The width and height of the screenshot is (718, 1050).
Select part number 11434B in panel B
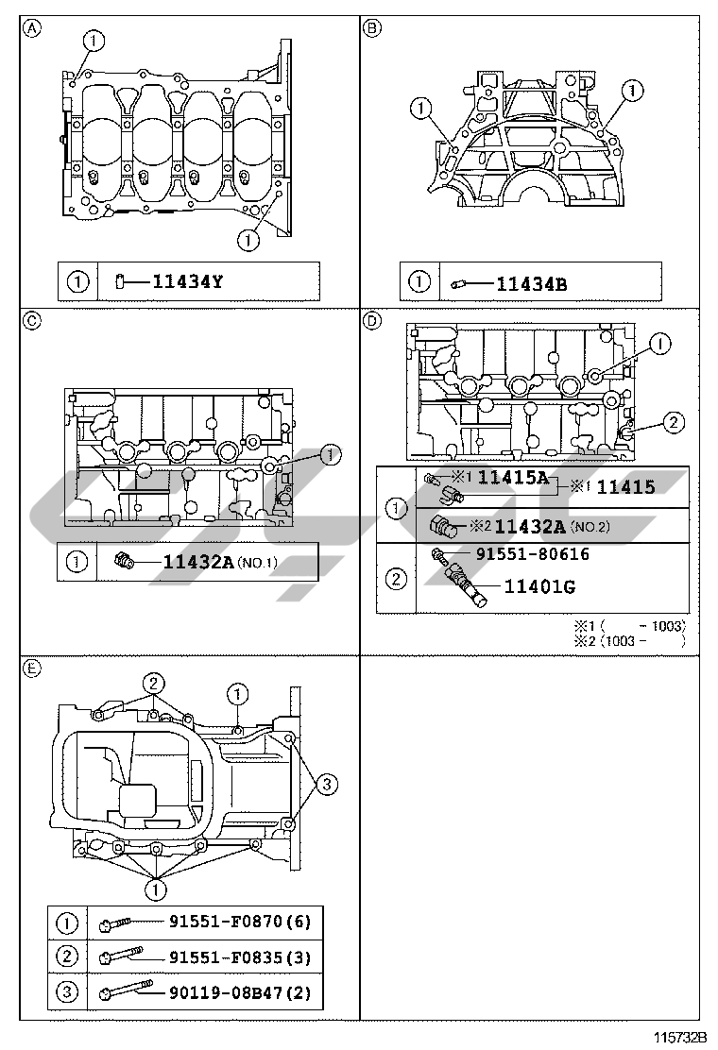[531, 281]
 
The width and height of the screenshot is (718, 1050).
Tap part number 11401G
[539, 586]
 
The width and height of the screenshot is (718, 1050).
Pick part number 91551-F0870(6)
[240, 922]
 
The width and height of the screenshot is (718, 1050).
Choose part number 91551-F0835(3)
[240, 957]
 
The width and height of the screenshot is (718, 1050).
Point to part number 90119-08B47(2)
[240, 992]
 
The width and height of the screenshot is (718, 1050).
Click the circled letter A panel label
[32, 27]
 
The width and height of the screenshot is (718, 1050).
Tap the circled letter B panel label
[372, 27]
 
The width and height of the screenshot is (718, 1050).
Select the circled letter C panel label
[32, 321]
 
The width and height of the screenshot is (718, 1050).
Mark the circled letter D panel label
[372, 321]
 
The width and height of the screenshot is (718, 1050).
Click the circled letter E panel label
[32, 669]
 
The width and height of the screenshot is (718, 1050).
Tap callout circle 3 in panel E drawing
[324, 783]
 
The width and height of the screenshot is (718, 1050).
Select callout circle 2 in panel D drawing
[671, 422]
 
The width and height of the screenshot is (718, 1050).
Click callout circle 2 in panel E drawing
[154, 683]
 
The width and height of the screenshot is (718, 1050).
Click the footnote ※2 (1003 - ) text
[629, 640]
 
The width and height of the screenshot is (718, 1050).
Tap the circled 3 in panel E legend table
[67, 992]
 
